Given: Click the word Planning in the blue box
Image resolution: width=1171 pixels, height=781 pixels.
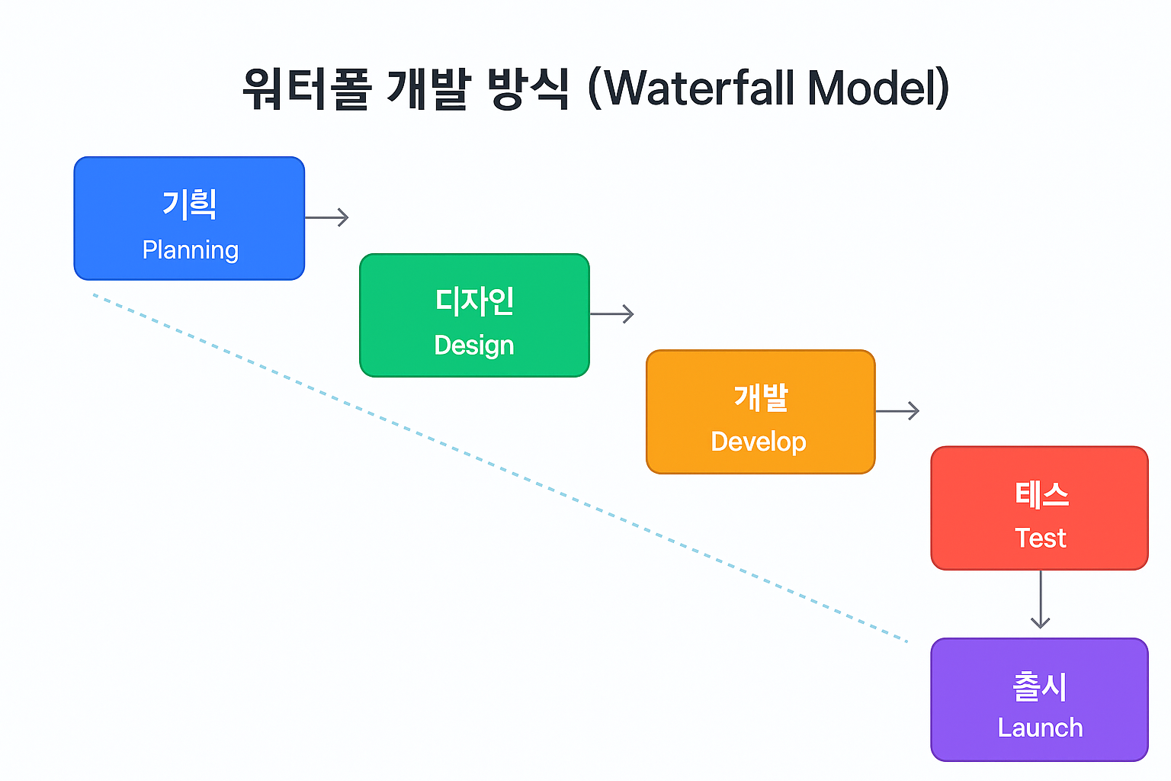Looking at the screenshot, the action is [x=191, y=251].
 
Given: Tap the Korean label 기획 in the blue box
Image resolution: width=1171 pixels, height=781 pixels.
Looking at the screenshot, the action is [x=189, y=204].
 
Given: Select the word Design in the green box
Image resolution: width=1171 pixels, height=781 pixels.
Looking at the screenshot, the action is [x=474, y=346].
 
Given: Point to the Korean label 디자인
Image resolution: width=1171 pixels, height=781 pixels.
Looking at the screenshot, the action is [x=475, y=301].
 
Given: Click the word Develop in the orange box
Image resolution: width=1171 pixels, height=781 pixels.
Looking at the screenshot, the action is [x=759, y=442].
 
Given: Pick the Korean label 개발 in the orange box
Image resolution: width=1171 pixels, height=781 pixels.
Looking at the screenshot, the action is [x=761, y=397].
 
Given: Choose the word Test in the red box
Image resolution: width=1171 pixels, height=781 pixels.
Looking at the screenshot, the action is [x=1041, y=538].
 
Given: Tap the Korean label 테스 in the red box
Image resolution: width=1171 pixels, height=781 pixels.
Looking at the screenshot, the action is [x=1041, y=494].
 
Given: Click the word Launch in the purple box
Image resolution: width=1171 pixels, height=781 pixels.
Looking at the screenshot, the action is [x=1041, y=728].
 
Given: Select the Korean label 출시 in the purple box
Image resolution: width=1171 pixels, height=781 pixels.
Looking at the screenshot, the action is [x=1040, y=686].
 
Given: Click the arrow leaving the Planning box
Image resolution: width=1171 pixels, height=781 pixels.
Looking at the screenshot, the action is [x=327, y=217].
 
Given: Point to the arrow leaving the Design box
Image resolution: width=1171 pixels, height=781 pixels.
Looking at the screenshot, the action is [x=612, y=314].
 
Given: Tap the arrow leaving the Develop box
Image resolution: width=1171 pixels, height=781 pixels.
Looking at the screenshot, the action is [x=897, y=410].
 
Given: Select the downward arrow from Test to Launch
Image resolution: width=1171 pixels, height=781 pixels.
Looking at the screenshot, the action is [x=1041, y=599].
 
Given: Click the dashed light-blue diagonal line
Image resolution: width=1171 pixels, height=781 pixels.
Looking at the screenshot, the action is [x=500, y=468].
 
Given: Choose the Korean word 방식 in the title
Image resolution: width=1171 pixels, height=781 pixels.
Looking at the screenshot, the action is [x=528, y=89].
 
